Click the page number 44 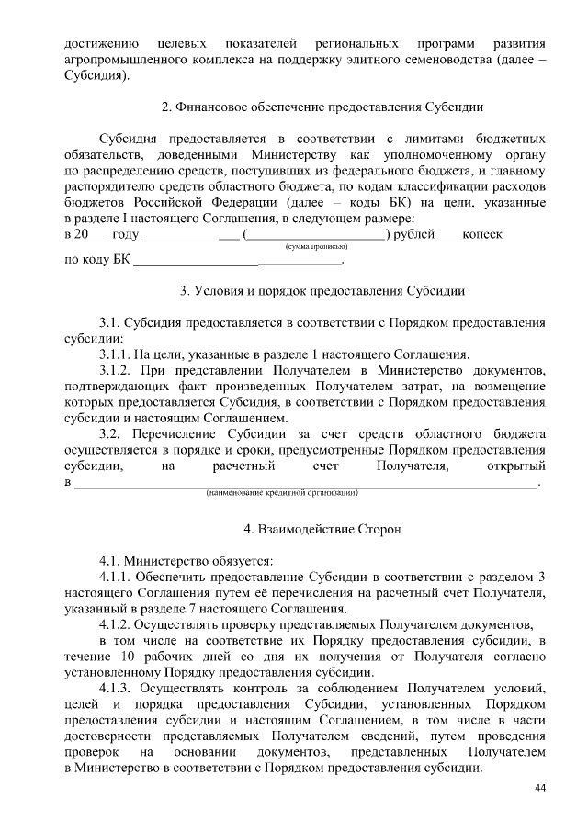point(540,789)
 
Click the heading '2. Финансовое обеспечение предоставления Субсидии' point(322,107)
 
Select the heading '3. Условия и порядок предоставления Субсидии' point(322,291)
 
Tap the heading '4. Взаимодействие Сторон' point(322,530)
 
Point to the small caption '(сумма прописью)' point(315,247)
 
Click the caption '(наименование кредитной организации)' point(281,493)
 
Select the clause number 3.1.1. point(115,354)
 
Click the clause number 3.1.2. point(115,370)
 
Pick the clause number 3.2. point(109,433)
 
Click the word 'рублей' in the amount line point(415,235)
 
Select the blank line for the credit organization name point(304,484)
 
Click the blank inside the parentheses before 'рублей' point(315,236)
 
